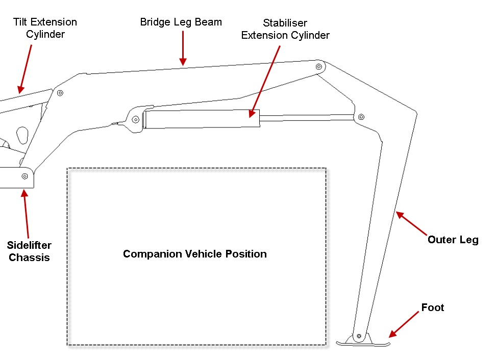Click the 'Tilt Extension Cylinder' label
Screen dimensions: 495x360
click(x=45, y=28)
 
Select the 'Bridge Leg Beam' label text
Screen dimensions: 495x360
click(x=181, y=22)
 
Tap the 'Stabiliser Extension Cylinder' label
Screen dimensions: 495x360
click(x=285, y=29)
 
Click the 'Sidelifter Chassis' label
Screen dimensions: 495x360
click(x=29, y=251)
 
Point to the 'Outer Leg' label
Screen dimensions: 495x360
click(x=453, y=240)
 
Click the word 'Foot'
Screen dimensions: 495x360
click(x=433, y=307)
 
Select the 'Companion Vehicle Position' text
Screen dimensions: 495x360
click(x=195, y=254)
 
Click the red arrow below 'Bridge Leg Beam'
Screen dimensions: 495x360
click(x=183, y=48)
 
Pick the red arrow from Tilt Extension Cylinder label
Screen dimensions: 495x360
click(x=25, y=69)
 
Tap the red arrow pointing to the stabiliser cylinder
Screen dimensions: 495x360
click(x=264, y=82)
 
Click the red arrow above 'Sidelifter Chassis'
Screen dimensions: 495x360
click(x=26, y=214)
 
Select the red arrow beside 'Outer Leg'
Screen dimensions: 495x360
click(x=412, y=223)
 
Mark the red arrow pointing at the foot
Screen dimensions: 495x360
click(x=404, y=325)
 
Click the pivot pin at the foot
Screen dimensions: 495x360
click(x=359, y=336)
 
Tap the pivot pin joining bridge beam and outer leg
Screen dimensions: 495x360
click(x=319, y=67)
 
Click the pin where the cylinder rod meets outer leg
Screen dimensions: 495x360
click(x=361, y=117)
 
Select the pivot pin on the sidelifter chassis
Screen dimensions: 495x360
click(x=24, y=176)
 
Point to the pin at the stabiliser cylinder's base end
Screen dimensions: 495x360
click(x=135, y=120)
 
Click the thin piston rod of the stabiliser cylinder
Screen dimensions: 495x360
click(x=307, y=118)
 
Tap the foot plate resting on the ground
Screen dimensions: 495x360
click(x=363, y=344)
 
